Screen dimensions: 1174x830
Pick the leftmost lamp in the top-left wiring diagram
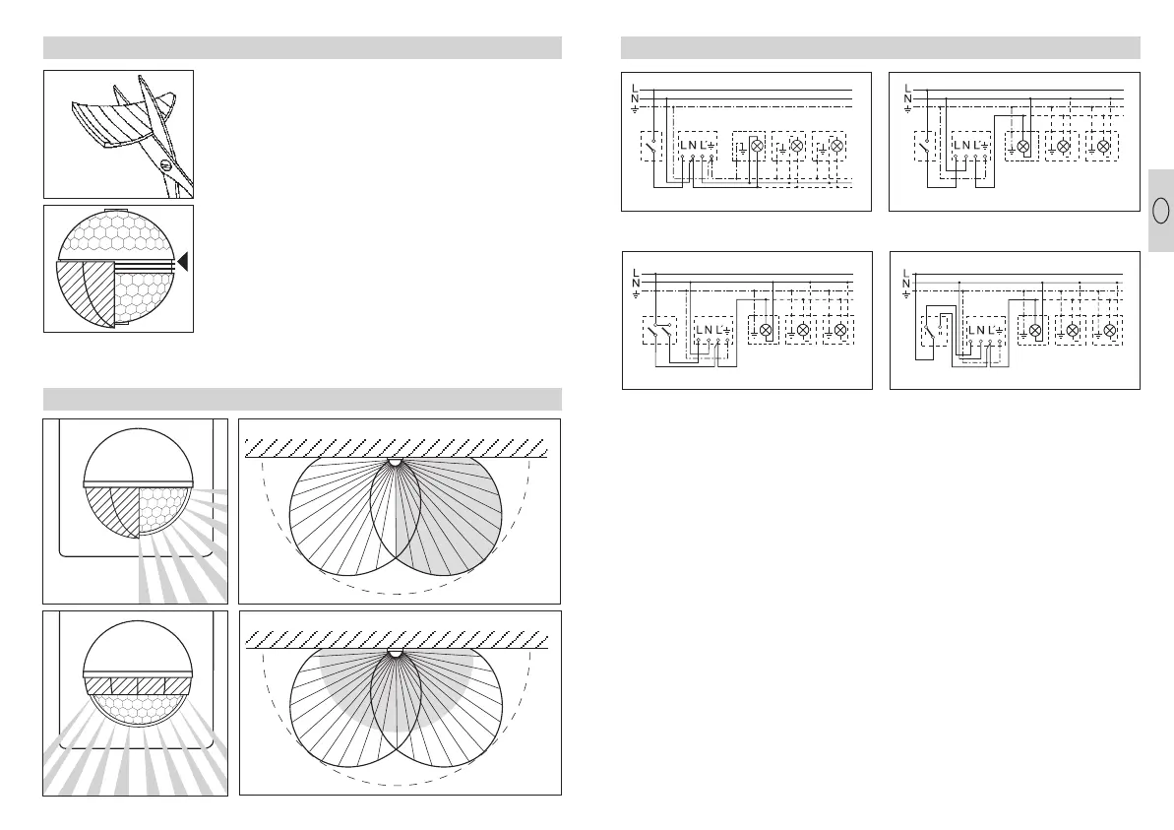[758, 146]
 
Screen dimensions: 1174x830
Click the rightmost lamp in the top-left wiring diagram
[837, 146]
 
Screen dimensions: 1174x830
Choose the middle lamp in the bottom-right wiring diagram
[1073, 330]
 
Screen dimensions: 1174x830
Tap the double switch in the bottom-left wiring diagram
[657, 330]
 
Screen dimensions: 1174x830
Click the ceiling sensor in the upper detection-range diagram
[396, 461]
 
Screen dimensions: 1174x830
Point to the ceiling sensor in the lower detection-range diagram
[396, 653]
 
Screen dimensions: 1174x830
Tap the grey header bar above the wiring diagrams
[880, 47]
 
